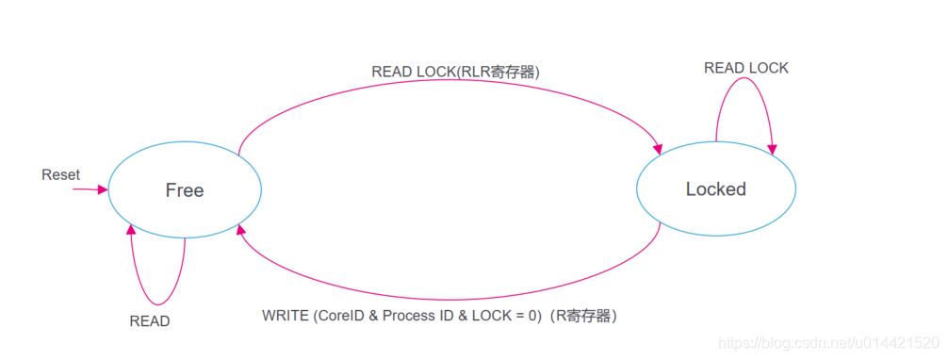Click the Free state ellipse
click(x=185, y=189)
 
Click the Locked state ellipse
click(x=716, y=189)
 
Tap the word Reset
click(x=61, y=175)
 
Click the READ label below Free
click(x=150, y=321)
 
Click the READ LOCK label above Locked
click(x=746, y=68)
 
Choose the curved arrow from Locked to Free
click(x=452, y=295)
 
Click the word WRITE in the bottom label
click(x=285, y=315)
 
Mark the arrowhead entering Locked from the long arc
click(x=658, y=147)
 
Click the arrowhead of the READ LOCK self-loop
click(x=773, y=149)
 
